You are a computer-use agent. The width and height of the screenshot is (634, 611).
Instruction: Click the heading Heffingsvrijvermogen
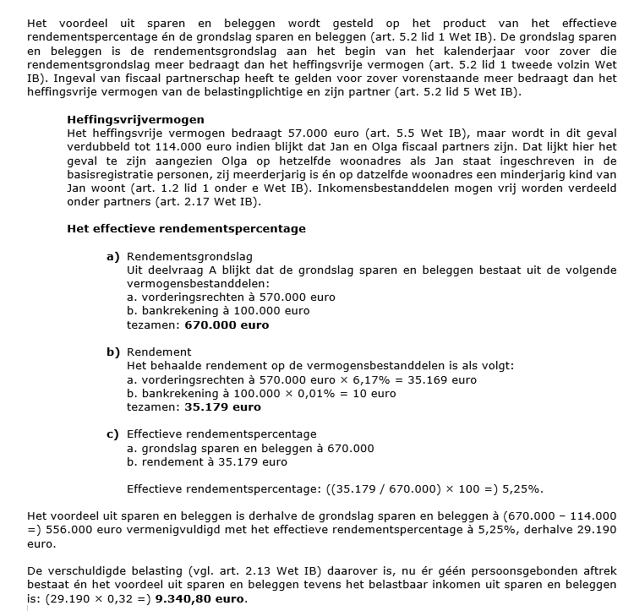(135, 120)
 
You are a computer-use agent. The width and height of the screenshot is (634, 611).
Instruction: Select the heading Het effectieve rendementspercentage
(186, 229)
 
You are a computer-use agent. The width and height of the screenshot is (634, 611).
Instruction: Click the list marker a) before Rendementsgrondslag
(112, 256)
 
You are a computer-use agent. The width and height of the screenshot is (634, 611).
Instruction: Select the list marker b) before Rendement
(112, 352)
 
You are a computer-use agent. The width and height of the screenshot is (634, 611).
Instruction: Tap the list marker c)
(112, 434)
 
